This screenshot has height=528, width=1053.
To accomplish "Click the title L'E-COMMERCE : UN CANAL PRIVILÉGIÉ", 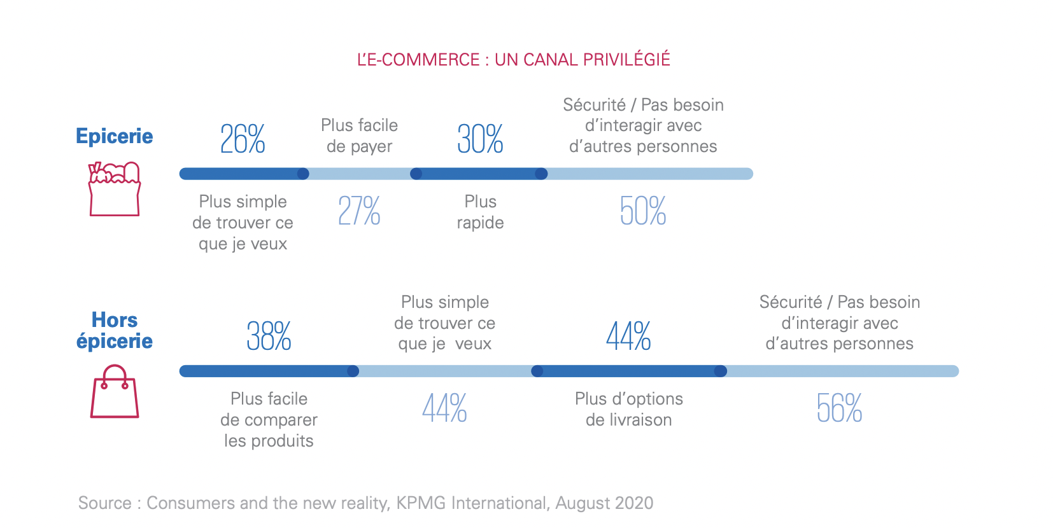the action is (513, 60).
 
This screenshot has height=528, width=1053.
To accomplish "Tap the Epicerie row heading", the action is (114, 136).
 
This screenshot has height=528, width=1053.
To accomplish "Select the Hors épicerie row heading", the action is (114, 330).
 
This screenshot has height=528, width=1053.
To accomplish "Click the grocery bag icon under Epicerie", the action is (114, 189).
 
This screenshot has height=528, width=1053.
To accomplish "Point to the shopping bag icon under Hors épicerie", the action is (114, 391).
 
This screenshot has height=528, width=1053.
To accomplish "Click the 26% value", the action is (243, 139).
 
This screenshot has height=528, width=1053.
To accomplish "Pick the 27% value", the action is (359, 211).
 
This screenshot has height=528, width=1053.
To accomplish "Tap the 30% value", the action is (480, 139).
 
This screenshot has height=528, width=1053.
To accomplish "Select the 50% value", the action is (642, 211).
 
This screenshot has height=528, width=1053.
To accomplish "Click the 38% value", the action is (269, 337).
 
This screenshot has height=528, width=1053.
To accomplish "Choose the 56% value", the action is (839, 408).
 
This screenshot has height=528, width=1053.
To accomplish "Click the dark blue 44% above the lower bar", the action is (628, 337).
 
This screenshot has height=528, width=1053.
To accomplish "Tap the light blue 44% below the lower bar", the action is (444, 408).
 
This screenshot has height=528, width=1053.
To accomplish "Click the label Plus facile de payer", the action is (359, 135).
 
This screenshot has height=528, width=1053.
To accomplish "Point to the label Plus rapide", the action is (480, 212).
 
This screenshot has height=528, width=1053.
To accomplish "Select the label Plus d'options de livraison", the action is (628, 409).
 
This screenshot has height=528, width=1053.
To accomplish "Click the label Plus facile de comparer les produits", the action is (269, 419).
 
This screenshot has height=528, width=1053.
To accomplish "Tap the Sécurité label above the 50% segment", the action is (643, 125).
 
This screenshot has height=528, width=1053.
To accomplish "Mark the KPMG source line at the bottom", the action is (365, 503).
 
